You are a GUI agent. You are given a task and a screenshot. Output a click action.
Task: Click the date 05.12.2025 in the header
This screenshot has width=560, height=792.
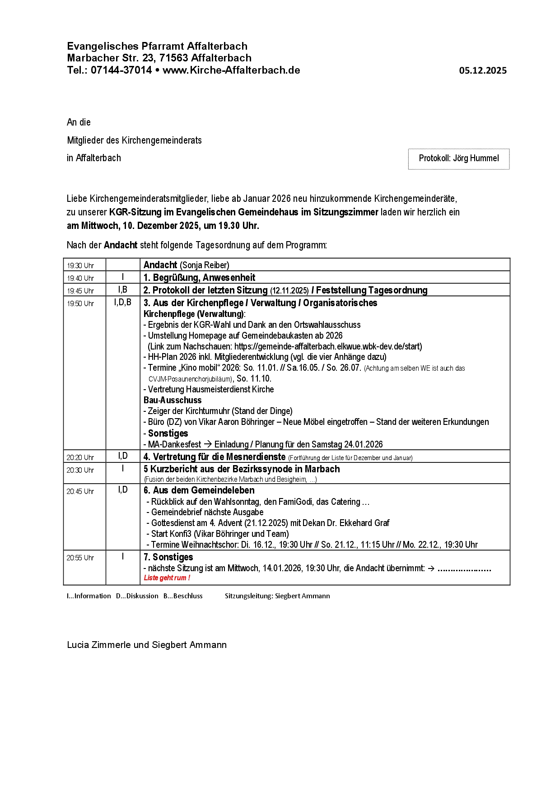point(483,70)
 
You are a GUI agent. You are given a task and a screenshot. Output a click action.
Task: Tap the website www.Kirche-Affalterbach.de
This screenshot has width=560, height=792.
point(231,70)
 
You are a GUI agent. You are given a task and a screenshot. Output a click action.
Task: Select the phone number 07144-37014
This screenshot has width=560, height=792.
point(121,70)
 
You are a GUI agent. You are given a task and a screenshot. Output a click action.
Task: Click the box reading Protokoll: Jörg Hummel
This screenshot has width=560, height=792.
point(458,158)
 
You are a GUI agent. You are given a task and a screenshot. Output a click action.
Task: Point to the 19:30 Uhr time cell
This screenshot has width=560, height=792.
point(80,266)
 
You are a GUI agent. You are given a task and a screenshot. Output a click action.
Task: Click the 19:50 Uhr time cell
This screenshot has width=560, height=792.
point(80,303)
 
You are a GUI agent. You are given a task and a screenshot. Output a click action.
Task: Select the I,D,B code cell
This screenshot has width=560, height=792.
point(123,303)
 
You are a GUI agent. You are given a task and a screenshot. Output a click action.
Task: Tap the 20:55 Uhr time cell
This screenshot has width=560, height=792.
point(80,558)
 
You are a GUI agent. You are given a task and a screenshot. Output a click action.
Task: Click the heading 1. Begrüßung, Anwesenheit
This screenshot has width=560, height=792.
point(199,277)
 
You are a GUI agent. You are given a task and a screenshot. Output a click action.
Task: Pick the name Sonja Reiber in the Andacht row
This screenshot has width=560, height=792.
point(205,265)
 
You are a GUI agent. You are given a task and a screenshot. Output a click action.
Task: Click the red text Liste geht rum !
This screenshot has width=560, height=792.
point(167,578)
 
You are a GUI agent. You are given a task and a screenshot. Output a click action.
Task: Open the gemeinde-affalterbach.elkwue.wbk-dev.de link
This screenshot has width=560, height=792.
point(328,346)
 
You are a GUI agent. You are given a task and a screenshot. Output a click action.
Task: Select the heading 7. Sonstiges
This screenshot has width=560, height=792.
point(168,557)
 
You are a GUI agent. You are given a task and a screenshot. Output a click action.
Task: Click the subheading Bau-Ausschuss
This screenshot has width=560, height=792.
point(173,400)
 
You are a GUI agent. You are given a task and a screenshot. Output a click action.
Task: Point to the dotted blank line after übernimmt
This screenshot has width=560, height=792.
point(464,569)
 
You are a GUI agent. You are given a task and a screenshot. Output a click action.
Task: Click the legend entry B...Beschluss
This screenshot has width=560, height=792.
point(183,596)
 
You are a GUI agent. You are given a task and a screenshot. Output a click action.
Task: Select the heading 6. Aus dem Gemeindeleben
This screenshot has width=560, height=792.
point(199,490)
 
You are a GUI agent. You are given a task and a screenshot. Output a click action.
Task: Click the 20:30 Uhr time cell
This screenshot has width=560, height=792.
point(80,470)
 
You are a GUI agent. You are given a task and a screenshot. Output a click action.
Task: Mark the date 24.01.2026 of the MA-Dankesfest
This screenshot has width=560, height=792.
point(363,444)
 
